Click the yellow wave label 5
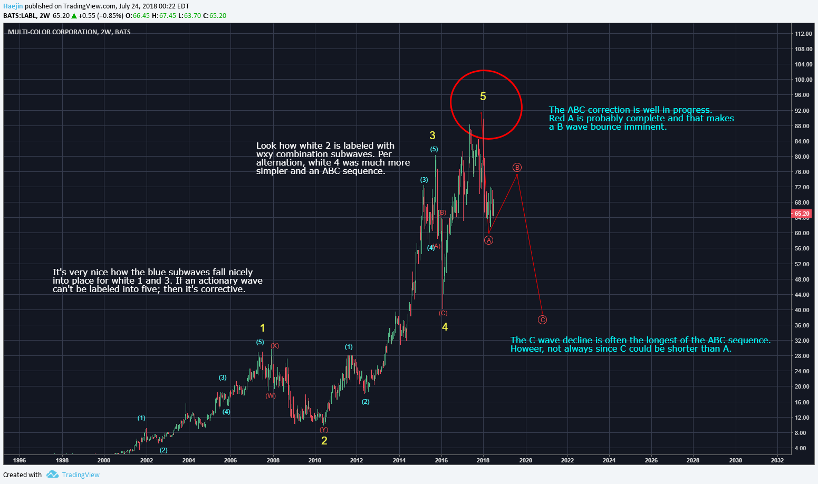coord(483,96)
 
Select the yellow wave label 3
coord(432,135)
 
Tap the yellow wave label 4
coord(445,327)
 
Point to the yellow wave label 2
coord(324,441)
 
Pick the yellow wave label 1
coord(263,328)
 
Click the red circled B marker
coord(517,168)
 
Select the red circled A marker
coord(489,240)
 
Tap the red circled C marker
coord(542,320)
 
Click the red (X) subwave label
coord(275,346)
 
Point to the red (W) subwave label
coord(271,396)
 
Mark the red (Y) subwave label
coord(324,430)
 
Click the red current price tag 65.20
coord(802,214)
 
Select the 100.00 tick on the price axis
coord(803,80)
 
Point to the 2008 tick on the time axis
coord(273,460)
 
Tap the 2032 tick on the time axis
coord(777,460)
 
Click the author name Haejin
coord(13,6)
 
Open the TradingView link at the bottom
coord(81,475)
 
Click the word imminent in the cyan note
coord(647,127)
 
